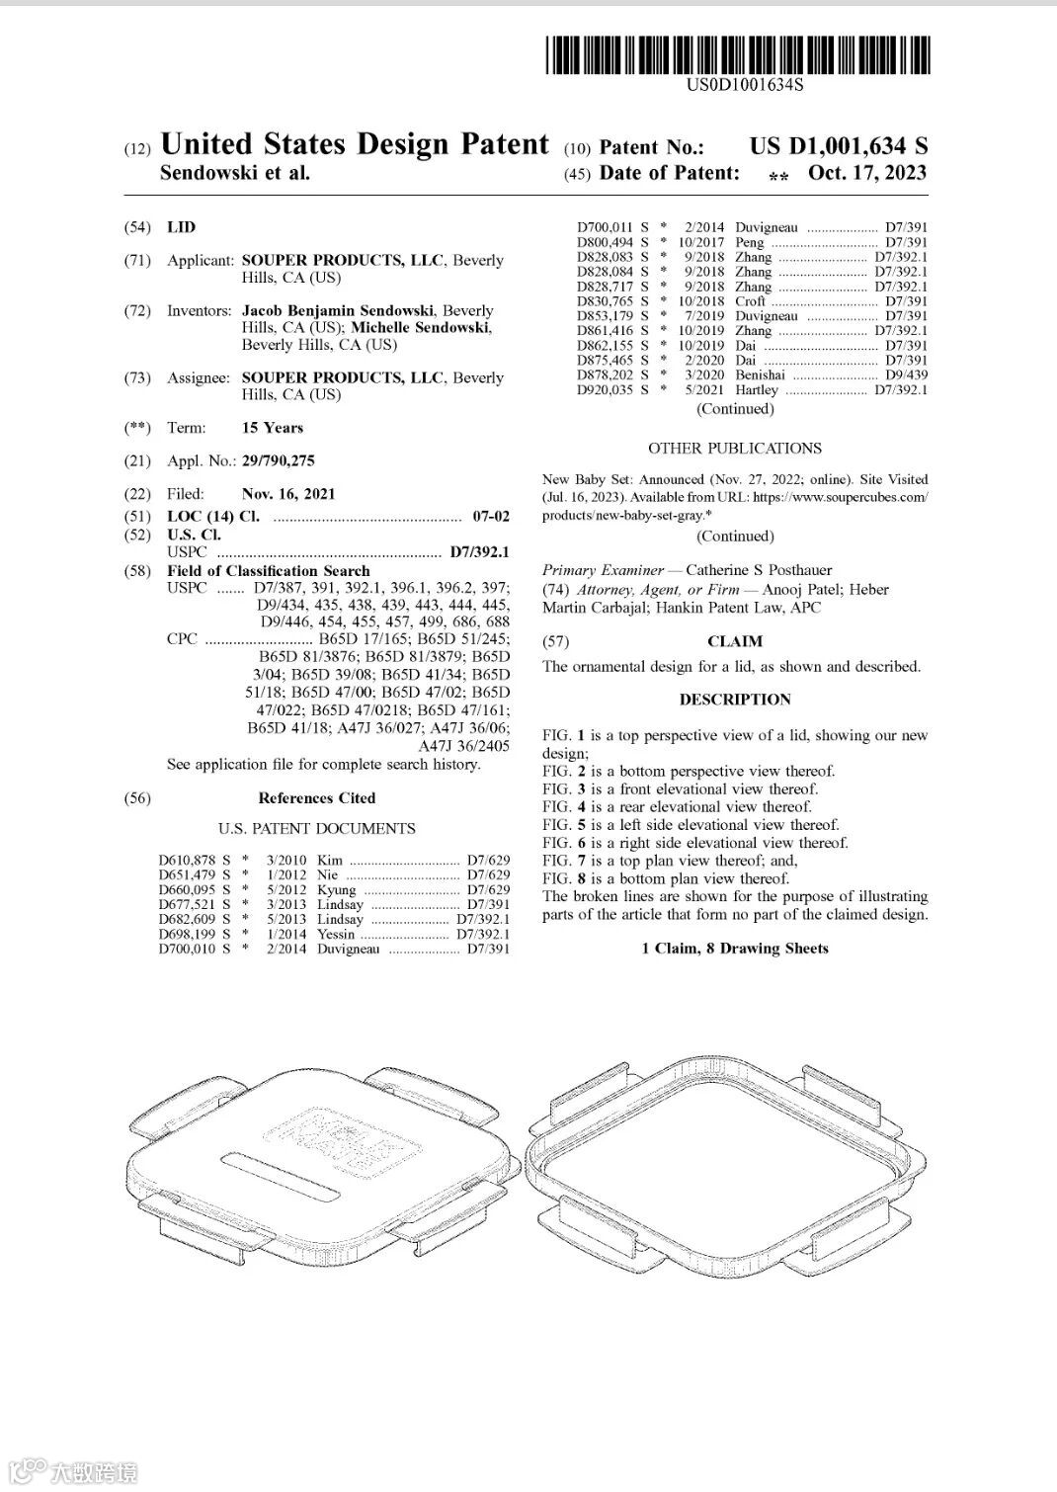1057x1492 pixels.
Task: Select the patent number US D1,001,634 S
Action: pyautogui.click(x=839, y=146)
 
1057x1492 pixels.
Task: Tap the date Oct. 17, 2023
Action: pyautogui.click(x=867, y=173)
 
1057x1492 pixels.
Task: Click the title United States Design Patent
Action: pyautogui.click(x=354, y=144)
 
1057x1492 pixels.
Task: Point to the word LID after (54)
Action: pyautogui.click(x=182, y=227)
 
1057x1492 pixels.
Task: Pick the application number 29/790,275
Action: pyautogui.click(x=281, y=460)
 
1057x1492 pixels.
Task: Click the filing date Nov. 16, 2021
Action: pyautogui.click(x=288, y=494)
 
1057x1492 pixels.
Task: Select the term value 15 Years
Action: pyautogui.click(x=273, y=428)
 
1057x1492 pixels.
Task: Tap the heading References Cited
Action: pyautogui.click(x=317, y=798)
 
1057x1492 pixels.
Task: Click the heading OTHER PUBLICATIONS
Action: pyautogui.click(x=735, y=448)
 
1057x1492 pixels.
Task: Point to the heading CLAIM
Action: pyautogui.click(x=735, y=642)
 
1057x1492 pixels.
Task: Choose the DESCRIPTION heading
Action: pyautogui.click(x=735, y=700)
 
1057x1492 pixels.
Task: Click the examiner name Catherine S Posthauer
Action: pyautogui.click(x=759, y=570)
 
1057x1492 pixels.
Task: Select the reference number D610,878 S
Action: pyautogui.click(x=195, y=861)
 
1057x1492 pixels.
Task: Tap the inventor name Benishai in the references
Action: pyautogui.click(x=760, y=375)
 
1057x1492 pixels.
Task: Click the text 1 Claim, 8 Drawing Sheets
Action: pyautogui.click(x=735, y=949)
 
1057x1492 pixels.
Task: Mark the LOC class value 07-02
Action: pyautogui.click(x=491, y=517)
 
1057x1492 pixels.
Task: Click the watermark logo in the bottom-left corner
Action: pyautogui.click(x=74, y=1470)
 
